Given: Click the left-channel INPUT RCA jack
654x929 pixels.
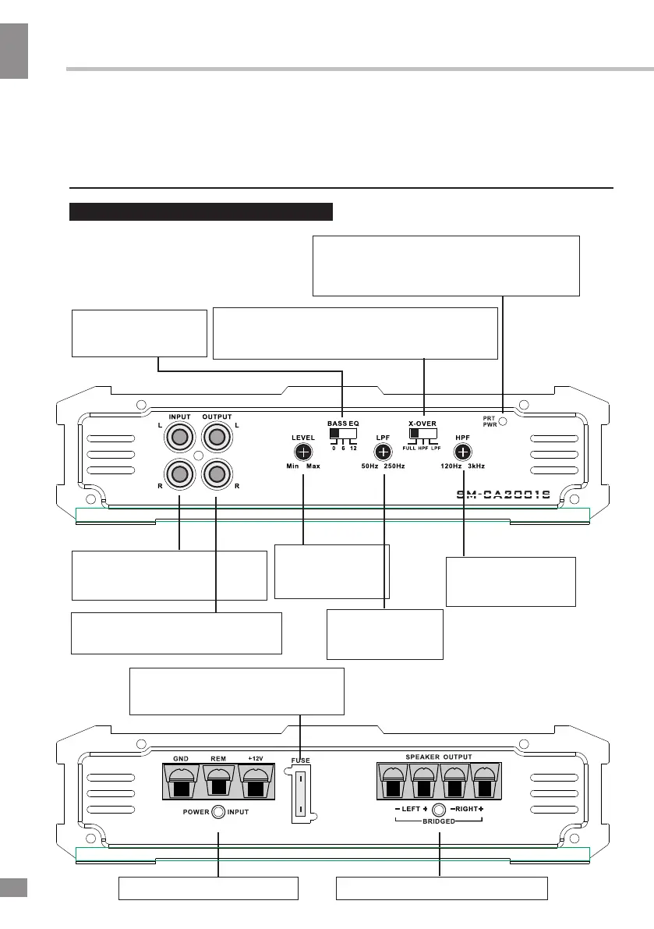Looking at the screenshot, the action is [179, 439].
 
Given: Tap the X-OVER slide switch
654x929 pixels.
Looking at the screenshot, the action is [423, 434].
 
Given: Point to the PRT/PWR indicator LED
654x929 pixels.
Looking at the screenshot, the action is [504, 421].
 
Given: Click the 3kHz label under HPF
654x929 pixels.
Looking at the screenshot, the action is [477, 466].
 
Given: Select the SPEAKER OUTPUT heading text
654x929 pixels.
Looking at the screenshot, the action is [439, 757].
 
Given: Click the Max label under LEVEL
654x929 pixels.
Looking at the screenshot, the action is [313, 466].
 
